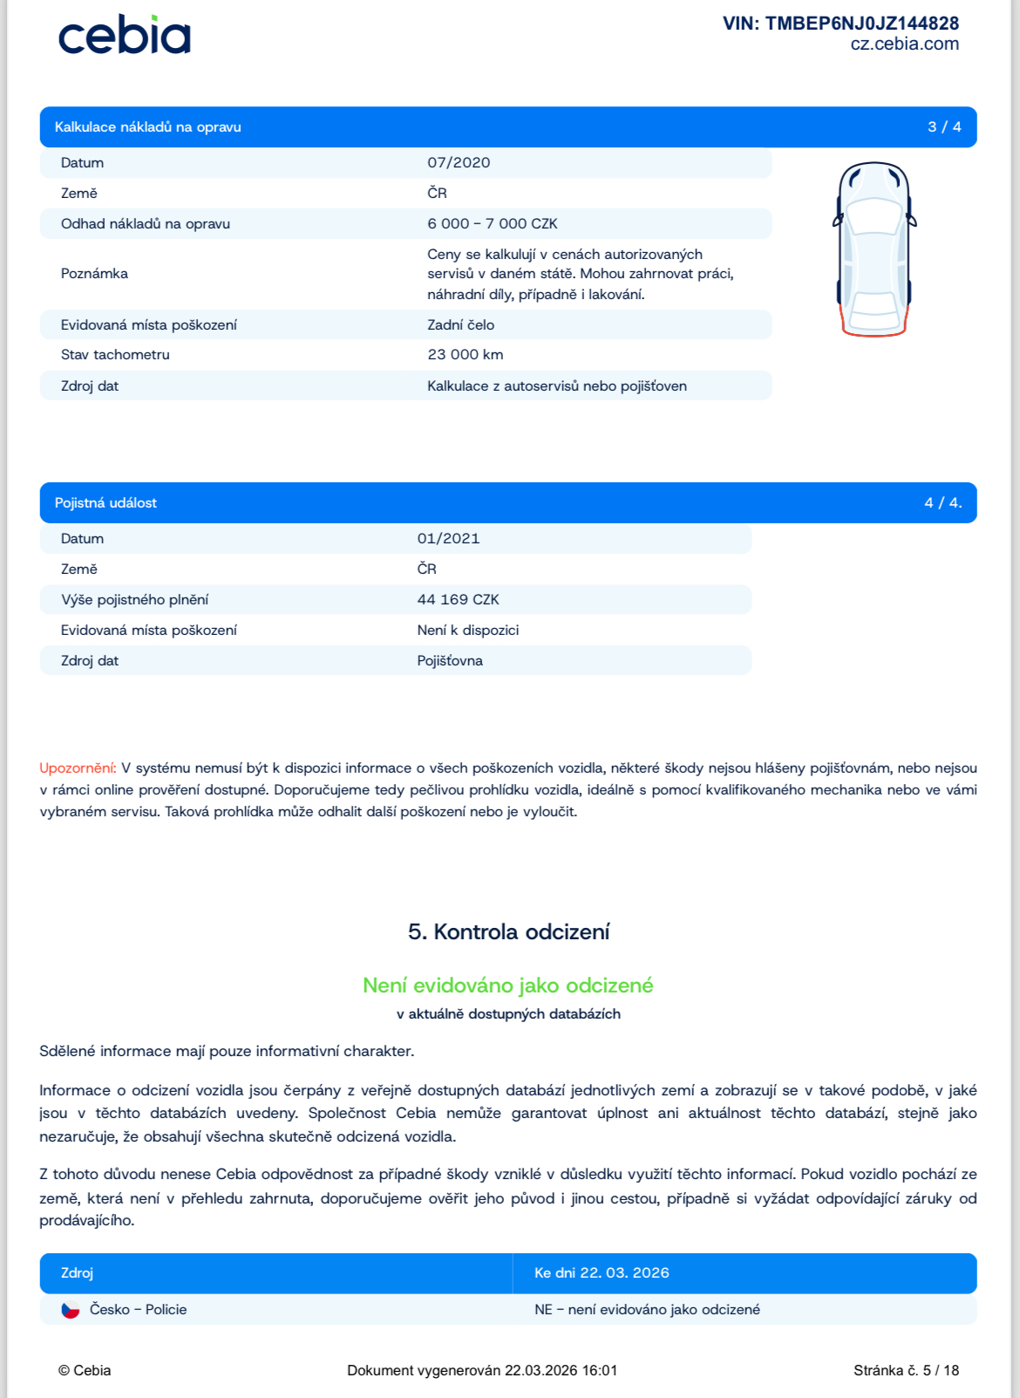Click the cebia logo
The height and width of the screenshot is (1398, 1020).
coord(124,36)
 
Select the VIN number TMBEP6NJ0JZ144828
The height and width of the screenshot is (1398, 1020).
coord(840,24)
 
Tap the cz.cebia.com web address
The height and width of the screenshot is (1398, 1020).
coord(904,44)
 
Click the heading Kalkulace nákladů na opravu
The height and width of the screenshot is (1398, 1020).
coord(147,127)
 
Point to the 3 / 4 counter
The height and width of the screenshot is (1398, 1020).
coord(944,127)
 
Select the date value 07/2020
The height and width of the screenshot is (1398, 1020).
coord(459,163)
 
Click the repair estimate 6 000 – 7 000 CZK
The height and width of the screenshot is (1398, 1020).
coord(492,224)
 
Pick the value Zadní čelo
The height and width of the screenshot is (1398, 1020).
coord(460,325)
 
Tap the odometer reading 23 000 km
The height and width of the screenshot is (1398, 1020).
coord(465,355)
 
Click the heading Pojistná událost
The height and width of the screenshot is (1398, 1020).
coord(105,503)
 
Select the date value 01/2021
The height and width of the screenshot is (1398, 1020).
coord(448,539)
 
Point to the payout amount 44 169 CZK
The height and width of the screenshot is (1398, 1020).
coord(458,600)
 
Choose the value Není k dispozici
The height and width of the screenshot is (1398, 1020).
coord(467,631)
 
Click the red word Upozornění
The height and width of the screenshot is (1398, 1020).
coord(78,768)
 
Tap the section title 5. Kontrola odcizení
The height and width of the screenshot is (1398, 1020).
coord(508,932)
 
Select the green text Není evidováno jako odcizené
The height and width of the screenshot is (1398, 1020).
coord(508,985)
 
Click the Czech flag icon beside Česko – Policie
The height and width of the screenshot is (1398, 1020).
coord(71,1310)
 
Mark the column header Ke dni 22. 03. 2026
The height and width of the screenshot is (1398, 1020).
coord(602,1273)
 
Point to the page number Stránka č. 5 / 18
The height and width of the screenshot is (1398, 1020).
coord(906,1371)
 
